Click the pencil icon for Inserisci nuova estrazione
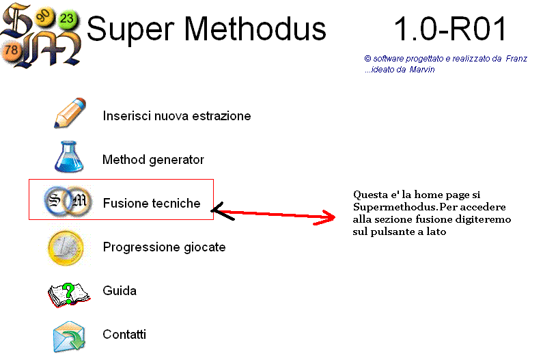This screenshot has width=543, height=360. (70, 113)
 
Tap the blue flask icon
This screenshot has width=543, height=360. (69, 156)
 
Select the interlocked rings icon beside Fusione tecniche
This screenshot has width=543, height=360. (68, 200)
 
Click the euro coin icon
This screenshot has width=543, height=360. (66, 248)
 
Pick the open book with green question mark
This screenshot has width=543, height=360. (68, 295)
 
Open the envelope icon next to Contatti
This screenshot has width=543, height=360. (69, 337)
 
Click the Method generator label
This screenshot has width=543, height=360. (153, 160)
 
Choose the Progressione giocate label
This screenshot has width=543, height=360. (164, 247)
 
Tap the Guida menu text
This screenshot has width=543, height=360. (120, 290)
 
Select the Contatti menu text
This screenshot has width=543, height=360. (124, 334)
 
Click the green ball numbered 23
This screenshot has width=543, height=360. (67, 18)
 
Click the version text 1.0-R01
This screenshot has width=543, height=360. (450, 29)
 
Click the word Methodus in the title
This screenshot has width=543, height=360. (255, 29)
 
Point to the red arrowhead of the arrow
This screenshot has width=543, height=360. (325, 218)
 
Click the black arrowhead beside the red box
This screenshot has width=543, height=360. (221, 211)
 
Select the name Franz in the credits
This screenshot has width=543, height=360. (516, 59)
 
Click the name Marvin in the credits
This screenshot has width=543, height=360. (422, 70)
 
